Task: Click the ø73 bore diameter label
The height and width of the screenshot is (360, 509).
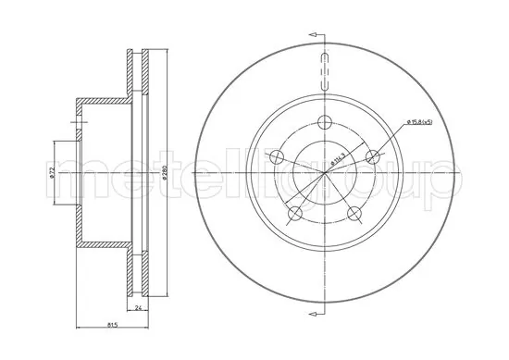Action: pyautogui.click(x=53, y=173)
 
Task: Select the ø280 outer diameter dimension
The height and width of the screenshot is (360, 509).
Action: pyautogui.click(x=163, y=173)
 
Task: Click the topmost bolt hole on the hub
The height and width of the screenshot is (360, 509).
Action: pyautogui.click(x=324, y=120)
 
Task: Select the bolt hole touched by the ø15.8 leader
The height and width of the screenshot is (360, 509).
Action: pyautogui.click(x=374, y=156)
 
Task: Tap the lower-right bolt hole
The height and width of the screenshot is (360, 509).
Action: pyautogui.click(x=354, y=215)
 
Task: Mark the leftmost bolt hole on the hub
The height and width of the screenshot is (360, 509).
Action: pyautogui.click(x=275, y=156)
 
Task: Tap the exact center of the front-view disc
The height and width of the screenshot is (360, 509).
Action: pyautogui.click(x=324, y=173)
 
